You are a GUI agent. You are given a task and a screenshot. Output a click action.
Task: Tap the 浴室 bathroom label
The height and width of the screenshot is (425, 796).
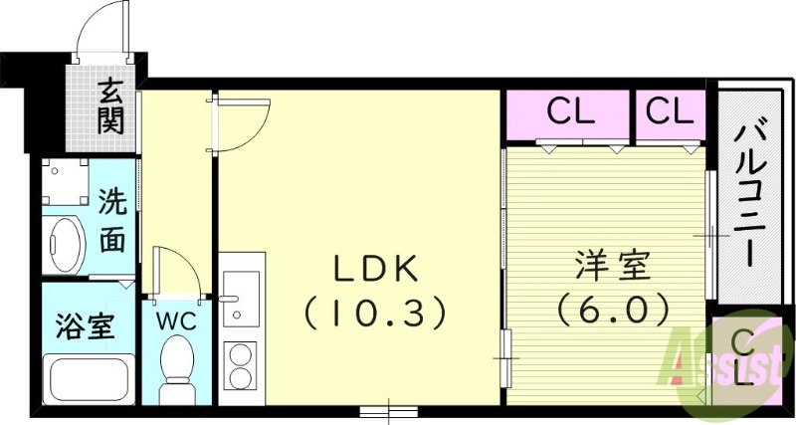(x=84, y=325)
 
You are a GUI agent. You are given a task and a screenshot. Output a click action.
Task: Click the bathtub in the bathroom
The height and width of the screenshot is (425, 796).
(x=88, y=379)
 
